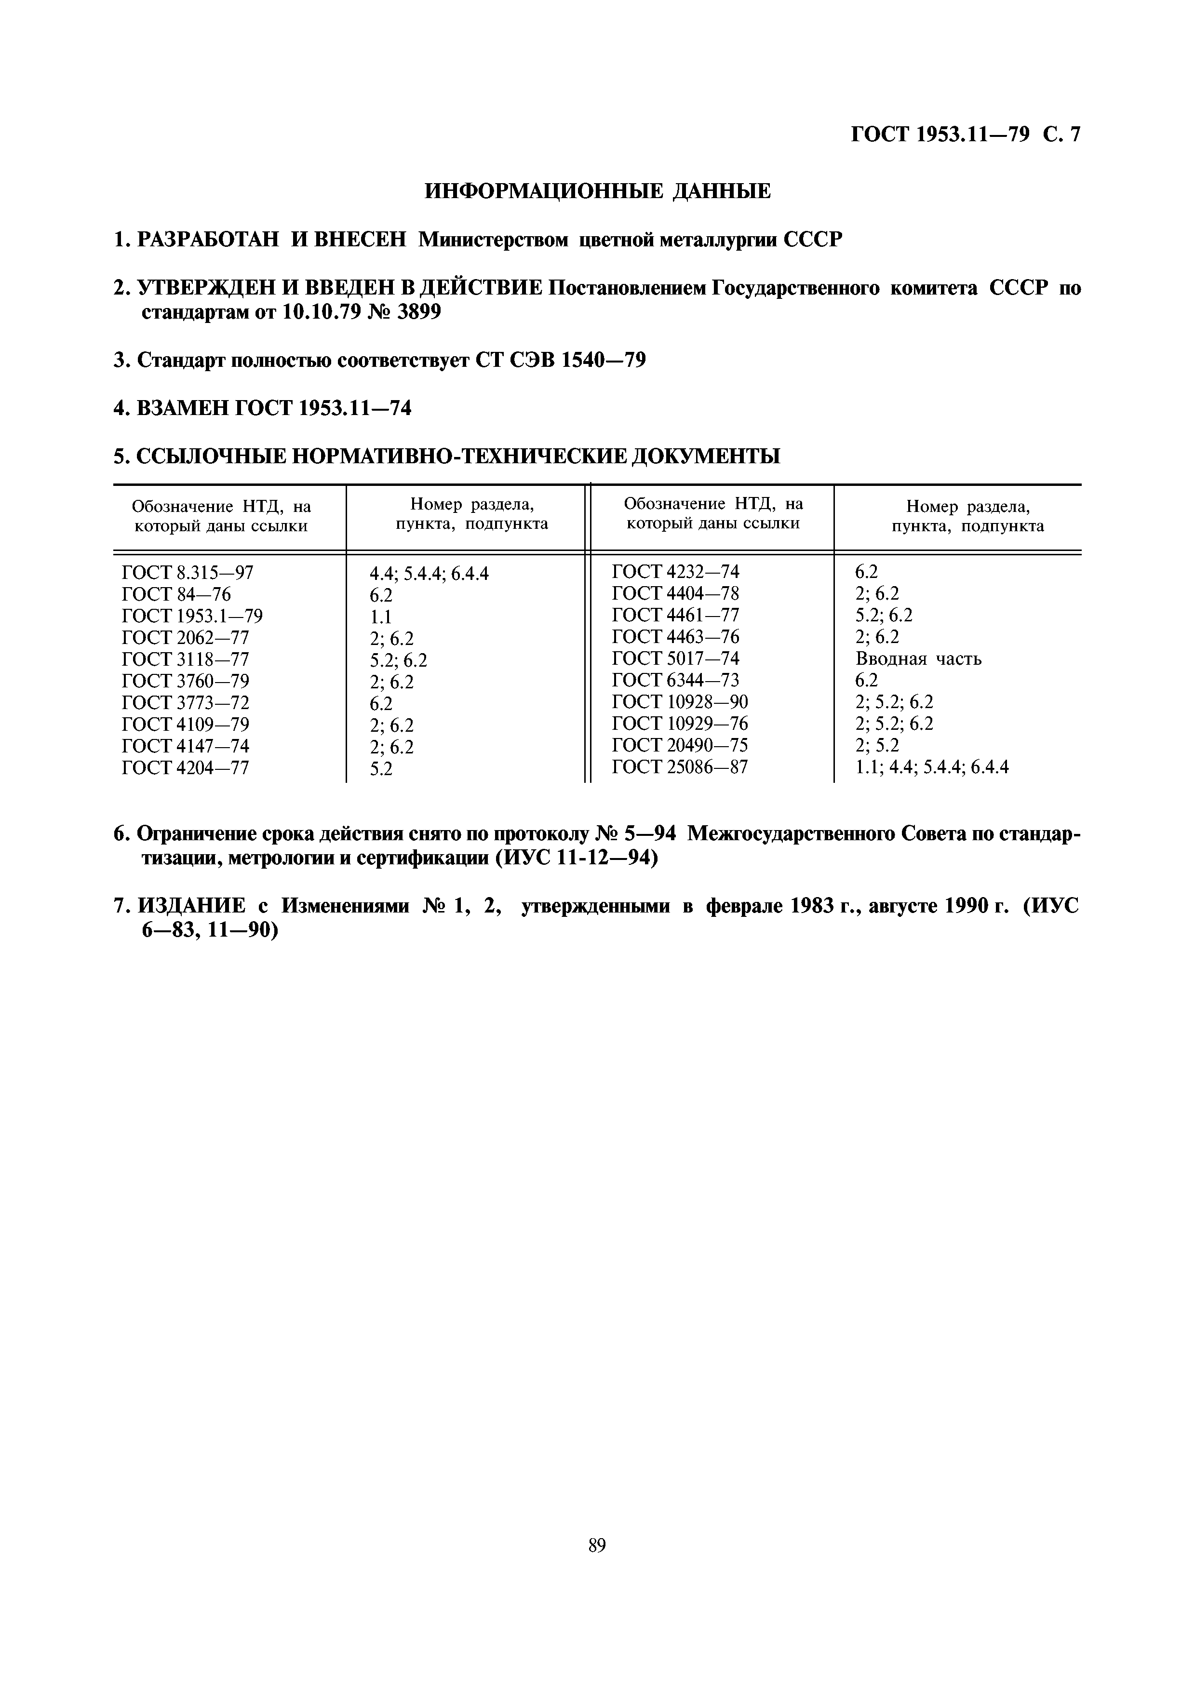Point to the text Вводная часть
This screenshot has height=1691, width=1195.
pyautogui.click(x=918, y=658)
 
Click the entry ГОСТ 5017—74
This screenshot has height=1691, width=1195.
pyautogui.click(x=675, y=658)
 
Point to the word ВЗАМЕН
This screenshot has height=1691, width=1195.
pyautogui.click(x=182, y=407)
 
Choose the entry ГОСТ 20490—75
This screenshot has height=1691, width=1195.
pyautogui.click(x=680, y=745)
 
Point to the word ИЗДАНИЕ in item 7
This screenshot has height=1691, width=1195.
pyautogui.click(x=191, y=906)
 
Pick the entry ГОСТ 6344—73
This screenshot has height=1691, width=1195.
pyautogui.click(x=675, y=680)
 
